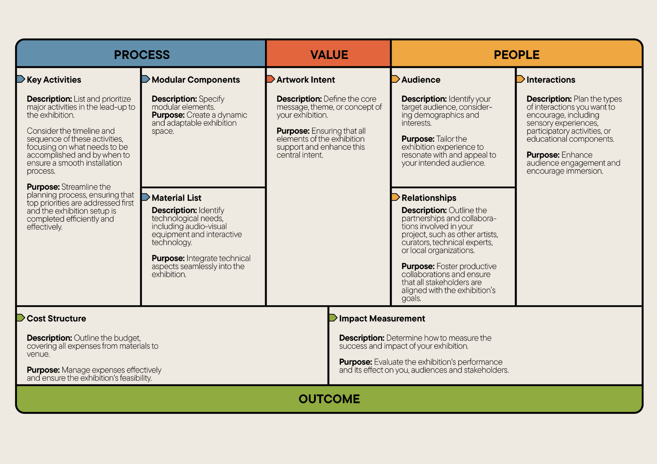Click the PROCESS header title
(x=142, y=55)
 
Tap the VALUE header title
(x=329, y=55)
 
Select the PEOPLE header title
(x=516, y=55)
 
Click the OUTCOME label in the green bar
(x=329, y=399)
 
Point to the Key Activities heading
(x=54, y=80)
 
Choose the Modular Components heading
(x=196, y=80)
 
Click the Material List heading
(x=176, y=198)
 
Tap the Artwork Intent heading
(x=306, y=80)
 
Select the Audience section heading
(x=421, y=80)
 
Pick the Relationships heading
(x=429, y=198)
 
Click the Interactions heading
(x=551, y=80)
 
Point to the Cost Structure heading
(x=57, y=319)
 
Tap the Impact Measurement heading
(x=382, y=319)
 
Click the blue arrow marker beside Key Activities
(x=21, y=79)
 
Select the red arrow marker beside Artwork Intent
(x=270, y=79)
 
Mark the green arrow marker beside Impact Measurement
(x=333, y=318)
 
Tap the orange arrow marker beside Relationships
(x=396, y=197)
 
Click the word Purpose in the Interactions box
(x=543, y=155)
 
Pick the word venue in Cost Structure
(x=38, y=354)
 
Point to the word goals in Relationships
(x=411, y=299)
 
